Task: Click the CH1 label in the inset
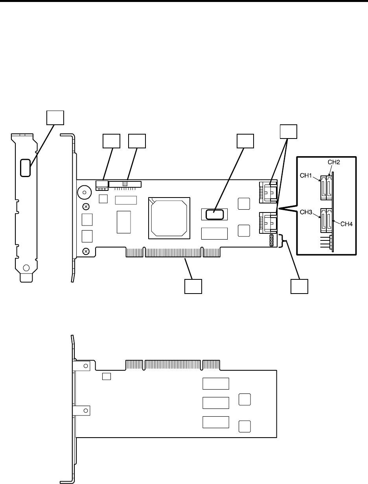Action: coord(310,177)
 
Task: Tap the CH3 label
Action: coord(309,213)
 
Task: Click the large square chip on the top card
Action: coord(169,218)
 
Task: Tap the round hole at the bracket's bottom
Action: coord(26,268)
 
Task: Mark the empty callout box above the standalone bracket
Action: coord(55,117)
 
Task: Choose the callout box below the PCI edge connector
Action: coord(193,286)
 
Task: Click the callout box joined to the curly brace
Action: coord(299,286)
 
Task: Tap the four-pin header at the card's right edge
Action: coord(271,241)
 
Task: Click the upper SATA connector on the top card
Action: coord(268,192)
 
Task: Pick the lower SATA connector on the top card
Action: coord(268,223)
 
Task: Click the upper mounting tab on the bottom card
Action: coord(82,366)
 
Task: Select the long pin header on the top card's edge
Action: coord(126,184)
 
